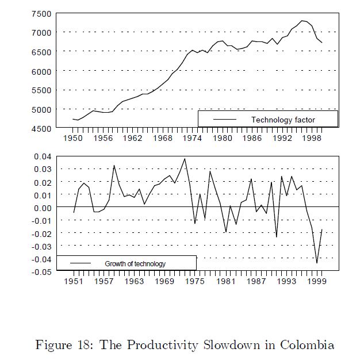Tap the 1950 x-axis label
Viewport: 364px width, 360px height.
(x=73, y=139)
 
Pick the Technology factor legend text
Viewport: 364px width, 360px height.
(x=283, y=120)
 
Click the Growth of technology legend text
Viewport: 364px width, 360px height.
(x=135, y=264)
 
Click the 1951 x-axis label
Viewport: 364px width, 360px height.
(x=74, y=282)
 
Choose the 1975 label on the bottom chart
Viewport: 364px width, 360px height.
(x=196, y=282)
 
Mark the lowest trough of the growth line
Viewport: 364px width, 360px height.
(x=317, y=263)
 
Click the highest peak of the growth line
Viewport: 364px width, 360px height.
(x=185, y=159)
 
